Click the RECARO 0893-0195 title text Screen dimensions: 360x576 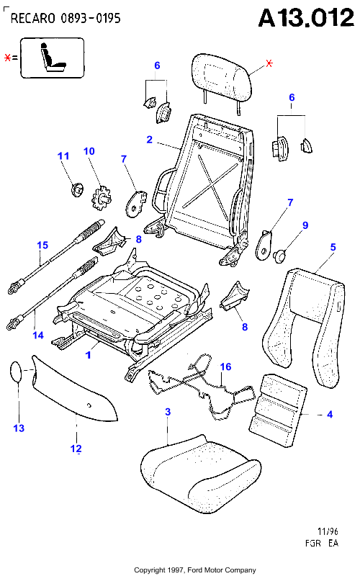click(x=66, y=18)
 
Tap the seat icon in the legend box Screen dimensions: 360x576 click(x=53, y=58)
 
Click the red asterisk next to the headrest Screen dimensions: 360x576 click(x=269, y=63)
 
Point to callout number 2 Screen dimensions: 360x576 click(x=149, y=140)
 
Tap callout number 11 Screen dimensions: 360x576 click(x=63, y=156)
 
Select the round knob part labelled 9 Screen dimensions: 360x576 click(x=280, y=256)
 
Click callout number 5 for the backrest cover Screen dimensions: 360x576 click(x=333, y=247)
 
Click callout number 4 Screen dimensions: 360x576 click(x=330, y=415)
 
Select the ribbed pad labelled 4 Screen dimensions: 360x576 click(x=278, y=410)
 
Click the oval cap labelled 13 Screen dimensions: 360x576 click(x=16, y=372)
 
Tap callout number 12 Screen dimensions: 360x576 click(x=76, y=449)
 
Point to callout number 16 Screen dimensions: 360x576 click(x=225, y=366)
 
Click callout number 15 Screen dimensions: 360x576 click(x=42, y=245)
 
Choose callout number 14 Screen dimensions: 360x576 click(x=38, y=335)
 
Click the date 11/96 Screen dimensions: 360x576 click(x=328, y=531)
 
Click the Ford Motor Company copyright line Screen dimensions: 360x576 click(x=194, y=570)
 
